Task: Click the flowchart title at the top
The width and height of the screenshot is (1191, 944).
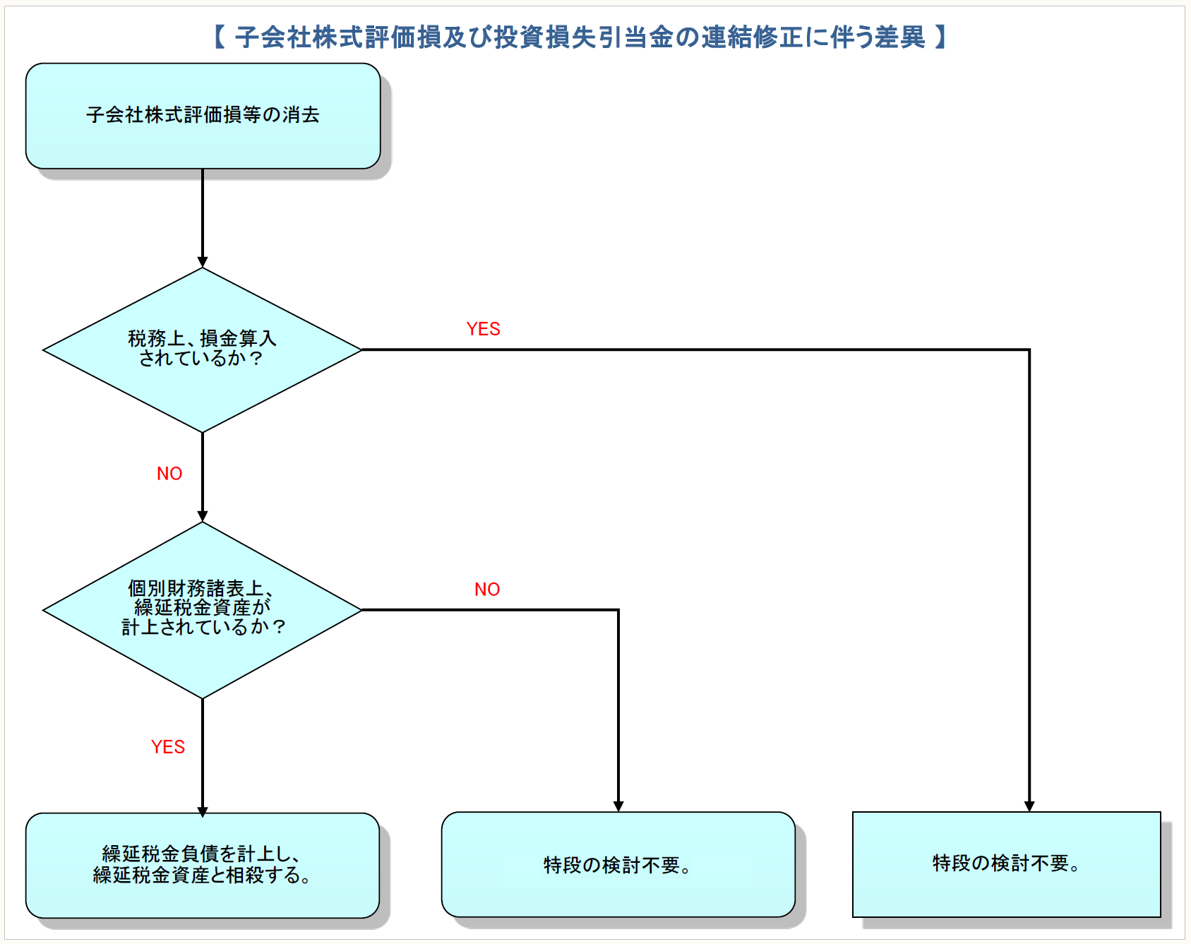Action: (580, 37)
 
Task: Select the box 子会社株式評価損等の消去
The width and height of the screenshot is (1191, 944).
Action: (203, 116)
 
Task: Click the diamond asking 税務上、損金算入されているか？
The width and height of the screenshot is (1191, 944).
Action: (203, 349)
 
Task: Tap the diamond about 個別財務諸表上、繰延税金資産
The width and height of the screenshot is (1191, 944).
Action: (203, 609)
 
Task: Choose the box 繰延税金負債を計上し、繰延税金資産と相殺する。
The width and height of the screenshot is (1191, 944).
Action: (203, 865)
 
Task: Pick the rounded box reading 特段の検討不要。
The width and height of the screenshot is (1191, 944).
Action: (618, 865)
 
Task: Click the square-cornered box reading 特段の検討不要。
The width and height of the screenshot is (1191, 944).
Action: (1006, 864)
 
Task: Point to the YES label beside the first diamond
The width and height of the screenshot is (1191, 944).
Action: (483, 329)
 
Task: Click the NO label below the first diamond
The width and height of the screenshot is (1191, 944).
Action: (169, 474)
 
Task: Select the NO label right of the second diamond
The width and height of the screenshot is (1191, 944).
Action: (487, 590)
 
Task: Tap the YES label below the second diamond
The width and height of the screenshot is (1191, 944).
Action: (168, 747)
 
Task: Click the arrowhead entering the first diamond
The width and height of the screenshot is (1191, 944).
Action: (203, 262)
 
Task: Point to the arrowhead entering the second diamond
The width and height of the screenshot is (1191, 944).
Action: (203, 516)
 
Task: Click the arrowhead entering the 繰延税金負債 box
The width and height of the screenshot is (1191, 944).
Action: (203, 812)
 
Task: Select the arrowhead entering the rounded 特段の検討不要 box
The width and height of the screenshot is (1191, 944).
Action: (618, 806)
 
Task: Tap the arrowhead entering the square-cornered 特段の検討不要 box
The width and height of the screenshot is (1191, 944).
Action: (1029, 806)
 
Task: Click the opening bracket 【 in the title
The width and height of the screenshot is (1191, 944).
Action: (220, 37)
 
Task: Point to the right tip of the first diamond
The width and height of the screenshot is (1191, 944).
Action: (360, 349)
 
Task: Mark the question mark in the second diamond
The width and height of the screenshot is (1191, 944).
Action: (280, 627)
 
